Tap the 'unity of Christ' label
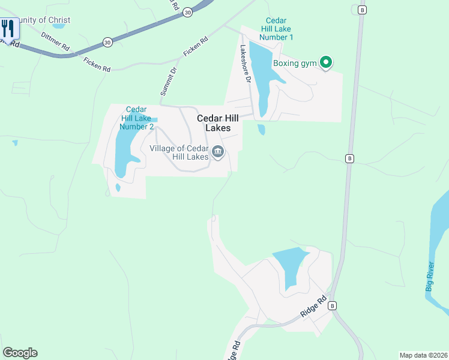[44, 20]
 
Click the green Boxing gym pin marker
[326, 62]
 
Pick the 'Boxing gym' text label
[295, 63]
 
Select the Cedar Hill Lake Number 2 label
[136, 118]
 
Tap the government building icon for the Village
[217, 152]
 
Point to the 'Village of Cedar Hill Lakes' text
[179, 152]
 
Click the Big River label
[430, 277]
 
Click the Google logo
[20, 353]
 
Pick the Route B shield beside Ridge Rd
[332, 305]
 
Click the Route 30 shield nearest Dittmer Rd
[107, 42]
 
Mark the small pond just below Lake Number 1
[261, 129]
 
